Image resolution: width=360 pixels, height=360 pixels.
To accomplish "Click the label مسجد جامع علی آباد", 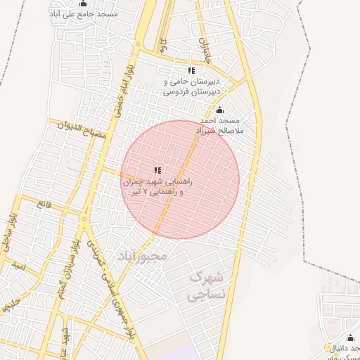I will [84, 13].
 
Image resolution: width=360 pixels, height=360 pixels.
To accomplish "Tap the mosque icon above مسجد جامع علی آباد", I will [84, 4].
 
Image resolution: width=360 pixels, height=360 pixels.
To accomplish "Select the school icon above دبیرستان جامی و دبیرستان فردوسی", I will [191, 70].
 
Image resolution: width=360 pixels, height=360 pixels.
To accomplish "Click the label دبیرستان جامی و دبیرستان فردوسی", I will [191, 86].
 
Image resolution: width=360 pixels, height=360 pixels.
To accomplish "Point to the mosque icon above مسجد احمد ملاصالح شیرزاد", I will [219, 110].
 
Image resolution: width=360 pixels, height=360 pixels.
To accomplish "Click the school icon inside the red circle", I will [157, 170].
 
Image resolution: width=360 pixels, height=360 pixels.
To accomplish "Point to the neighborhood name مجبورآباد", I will [143, 255].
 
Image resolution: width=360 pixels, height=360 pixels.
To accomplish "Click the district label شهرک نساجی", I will [207, 285].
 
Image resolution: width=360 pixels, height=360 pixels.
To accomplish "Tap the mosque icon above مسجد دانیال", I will [351, 338].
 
